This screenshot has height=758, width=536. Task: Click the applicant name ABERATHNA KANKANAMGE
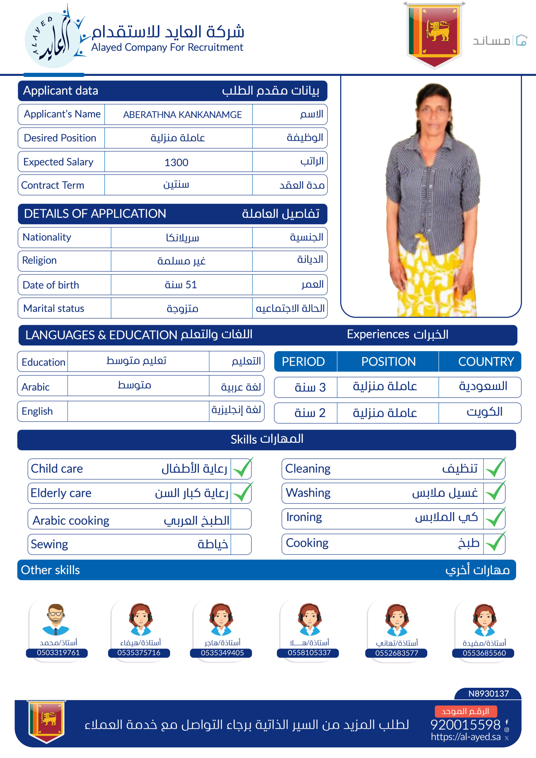tap(182, 115)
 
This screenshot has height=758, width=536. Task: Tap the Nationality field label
tap(47, 237)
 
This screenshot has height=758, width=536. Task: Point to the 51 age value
tap(181, 285)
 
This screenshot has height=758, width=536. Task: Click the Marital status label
tap(54, 308)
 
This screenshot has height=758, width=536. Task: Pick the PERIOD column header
tap(303, 362)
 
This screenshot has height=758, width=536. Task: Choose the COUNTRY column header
tap(486, 362)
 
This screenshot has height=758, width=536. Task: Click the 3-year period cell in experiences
tap(310, 387)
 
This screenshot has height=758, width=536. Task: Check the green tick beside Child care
tap(242, 468)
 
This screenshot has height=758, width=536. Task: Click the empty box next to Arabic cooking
tap(241, 519)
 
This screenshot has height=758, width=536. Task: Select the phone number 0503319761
tap(58, 653)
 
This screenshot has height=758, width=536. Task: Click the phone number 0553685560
tap(484, 653)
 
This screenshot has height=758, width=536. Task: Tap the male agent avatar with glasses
tap(56, 619)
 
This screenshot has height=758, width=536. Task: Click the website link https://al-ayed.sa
tap(466, 737)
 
